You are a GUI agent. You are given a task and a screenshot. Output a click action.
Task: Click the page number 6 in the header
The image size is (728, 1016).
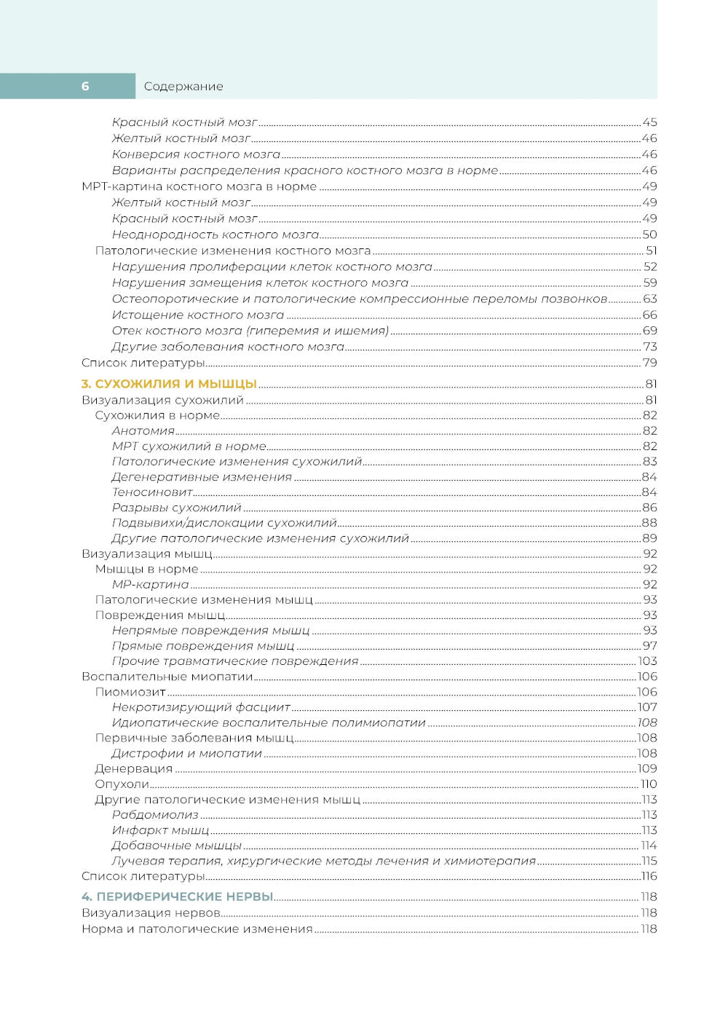(x=85, y=86)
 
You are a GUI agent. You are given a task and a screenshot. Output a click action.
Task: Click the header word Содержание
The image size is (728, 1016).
(x=183, y=86)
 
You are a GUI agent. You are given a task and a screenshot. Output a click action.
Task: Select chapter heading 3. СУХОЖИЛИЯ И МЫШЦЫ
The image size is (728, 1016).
(x=169, y=384)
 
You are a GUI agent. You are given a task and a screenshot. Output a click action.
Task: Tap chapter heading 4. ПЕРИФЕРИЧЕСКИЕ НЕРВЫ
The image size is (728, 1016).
(x=178, y=897)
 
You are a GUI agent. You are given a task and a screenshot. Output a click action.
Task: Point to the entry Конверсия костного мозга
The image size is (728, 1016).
(x=196, y=154)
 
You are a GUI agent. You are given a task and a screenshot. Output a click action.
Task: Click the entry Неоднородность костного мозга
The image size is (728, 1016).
(x=215, y=235)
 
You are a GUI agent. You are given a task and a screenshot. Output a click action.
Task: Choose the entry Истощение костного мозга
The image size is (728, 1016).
(x=198, y=315)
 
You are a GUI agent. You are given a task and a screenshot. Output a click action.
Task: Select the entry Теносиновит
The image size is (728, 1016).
(x=152, y=492)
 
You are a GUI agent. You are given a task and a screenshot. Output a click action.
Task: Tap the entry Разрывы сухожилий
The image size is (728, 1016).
(x=177, y=508)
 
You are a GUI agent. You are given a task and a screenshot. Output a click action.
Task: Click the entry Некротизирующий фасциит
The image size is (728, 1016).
(x=201, y=707)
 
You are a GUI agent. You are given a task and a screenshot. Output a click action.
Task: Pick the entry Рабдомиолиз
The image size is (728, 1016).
(x=155, y=815)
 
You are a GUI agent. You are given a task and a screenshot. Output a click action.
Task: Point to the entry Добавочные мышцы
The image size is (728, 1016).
(x=177, y=846)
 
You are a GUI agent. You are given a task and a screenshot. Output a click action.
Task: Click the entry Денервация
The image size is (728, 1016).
(x=134, y=768)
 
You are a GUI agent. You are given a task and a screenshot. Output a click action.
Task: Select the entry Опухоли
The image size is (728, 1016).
(x=122, y=784)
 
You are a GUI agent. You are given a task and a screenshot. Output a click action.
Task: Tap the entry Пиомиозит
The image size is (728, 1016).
(x=130, y=692)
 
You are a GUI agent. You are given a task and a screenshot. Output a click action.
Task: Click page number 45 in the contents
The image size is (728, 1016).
(x=649, y=122)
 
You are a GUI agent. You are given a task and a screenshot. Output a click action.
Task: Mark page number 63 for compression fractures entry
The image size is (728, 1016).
(x=649, y=299)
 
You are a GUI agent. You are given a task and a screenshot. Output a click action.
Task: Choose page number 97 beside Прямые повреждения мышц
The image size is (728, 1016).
(x=649, y=646)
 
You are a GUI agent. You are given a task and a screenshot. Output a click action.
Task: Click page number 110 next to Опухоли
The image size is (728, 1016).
(x=648, y=784)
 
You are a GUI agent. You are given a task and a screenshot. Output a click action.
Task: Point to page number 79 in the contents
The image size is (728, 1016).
(x=649, y=363)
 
